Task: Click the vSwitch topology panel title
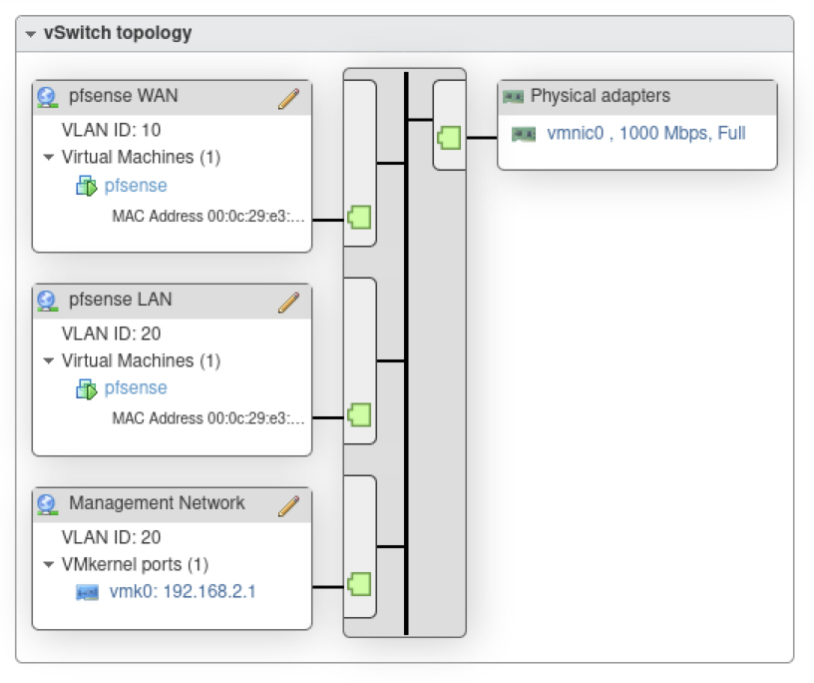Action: pos(118,33)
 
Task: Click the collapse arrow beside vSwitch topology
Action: pos(31,34)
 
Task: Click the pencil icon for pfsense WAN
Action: pos(288,98)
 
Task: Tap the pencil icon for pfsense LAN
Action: pos(288,302)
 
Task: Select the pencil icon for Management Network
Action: pos(288,505)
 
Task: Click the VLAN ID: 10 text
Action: pos(111,130)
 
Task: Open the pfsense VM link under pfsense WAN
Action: pos(136,186)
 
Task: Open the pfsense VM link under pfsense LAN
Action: pos(136,388)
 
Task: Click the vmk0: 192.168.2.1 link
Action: pos(183,592)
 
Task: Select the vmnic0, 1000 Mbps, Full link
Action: pos(645,133)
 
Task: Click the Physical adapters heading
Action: pos(600,97)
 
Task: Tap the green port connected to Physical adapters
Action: pos(449,137)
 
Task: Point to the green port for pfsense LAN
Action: pos(359,414)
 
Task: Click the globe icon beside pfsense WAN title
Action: pos(47,98)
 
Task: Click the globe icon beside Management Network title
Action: pos(47,504)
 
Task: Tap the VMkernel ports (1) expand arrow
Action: pos(48,565)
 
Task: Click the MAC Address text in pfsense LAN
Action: pos(208,418)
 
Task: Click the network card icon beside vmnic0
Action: pos(524,134)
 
